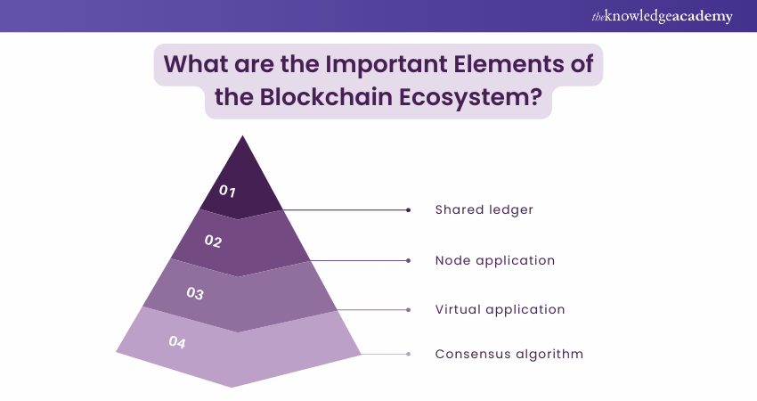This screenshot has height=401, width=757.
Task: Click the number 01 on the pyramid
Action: pos(227,190)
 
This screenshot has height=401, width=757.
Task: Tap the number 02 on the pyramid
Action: pos(213,241)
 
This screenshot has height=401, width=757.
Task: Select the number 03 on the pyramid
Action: pos(195,292)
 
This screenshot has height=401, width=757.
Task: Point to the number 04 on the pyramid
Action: pos(177,341)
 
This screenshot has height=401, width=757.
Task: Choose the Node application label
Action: pos(495,260)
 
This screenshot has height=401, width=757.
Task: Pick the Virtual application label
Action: pos(501,310)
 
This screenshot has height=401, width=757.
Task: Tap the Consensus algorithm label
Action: pos(509,354)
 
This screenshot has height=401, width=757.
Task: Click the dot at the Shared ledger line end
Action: pos(408,210)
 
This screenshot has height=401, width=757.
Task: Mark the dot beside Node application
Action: pos(408,261)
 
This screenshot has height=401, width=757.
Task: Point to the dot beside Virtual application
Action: pos(408,310)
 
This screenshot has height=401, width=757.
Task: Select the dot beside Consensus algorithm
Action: pos(408,355)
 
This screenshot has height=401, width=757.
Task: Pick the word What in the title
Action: pos(196,65)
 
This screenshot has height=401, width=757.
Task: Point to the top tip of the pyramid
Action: pos(241,136)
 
